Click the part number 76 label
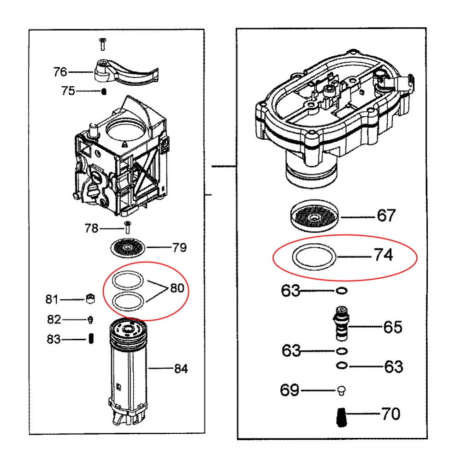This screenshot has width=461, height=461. [60, 72]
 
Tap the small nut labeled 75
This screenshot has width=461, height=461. [104, 91]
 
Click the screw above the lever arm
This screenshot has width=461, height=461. [103, 44]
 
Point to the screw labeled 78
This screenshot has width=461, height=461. [128, 227]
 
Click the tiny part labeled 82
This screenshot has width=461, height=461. [91, 319]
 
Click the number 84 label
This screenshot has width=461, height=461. [181, 369]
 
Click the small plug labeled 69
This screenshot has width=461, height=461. [342, 390]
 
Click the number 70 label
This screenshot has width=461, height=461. [391, 414]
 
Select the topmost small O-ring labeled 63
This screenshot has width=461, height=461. [342, 291]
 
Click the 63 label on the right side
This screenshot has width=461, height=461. [393, 367]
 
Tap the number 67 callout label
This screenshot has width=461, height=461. [386, 216]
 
